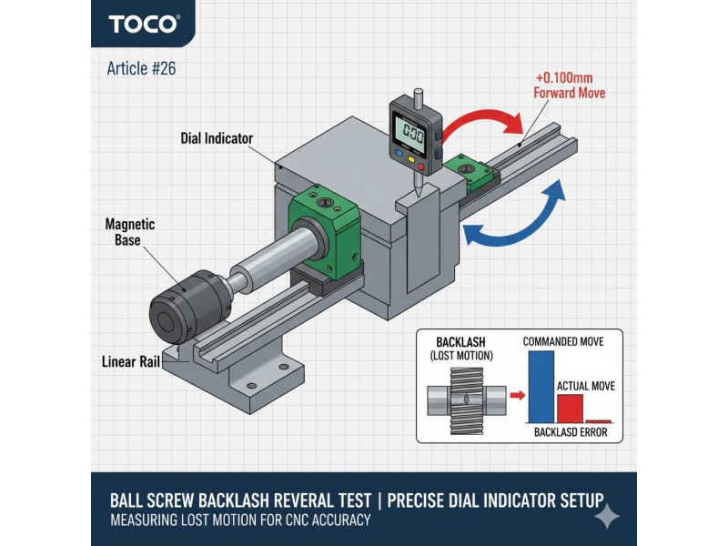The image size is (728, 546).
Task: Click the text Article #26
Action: (x=141, y=69)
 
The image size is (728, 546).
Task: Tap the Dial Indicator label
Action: (x=217, y=138)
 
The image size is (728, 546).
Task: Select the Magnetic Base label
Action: (x=129, y=232)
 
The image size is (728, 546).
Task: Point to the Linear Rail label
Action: (x=131, y=361)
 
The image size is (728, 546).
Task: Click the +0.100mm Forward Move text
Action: (x=570, y=86)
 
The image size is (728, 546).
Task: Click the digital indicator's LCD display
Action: (x=412, y=135)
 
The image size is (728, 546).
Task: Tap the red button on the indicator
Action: (x=421, y=167)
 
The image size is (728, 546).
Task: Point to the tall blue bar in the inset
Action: (x=541, y=387)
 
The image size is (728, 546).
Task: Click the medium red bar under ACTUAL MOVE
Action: (x=570, y=409)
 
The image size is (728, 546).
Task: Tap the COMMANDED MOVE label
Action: (x=563, y=342)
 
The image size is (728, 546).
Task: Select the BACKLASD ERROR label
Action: (x=571, y=432)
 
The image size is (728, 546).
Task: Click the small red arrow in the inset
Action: (x=517, y=396)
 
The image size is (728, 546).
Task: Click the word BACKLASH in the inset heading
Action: (x=460, y=342)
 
